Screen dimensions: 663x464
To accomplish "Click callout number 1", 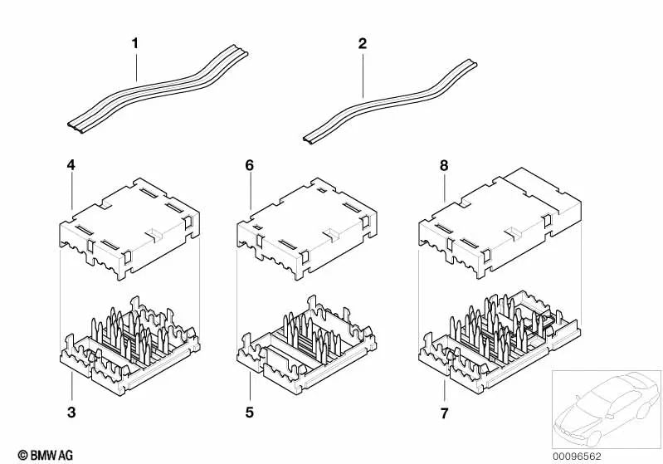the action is click(135, 43).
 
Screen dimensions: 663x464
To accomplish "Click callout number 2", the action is click(363, 43).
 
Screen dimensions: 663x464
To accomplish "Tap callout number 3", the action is click(71, 412).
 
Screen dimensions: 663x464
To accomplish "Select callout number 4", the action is click(71, 165).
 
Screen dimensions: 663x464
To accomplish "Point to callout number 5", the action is click(250, 412).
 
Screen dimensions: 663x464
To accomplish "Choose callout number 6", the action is click(250, 165).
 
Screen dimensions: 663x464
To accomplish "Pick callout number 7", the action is click(444, 413).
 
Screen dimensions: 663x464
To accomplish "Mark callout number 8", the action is click(444, 165).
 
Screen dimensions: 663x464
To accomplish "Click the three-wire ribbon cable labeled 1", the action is click(158, 90).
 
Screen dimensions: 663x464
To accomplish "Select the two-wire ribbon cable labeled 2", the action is click(389, 100).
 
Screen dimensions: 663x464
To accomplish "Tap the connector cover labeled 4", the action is click(129, 228).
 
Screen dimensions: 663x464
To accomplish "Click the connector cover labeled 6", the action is click(307, 228).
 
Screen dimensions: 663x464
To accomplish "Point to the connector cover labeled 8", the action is click(500, 223).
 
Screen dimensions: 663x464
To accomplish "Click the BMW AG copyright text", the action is click(46, 455).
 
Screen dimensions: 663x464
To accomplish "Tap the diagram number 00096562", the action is click(578, 457).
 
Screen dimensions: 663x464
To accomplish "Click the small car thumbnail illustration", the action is click(607, 409).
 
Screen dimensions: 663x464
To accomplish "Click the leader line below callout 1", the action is click(137, 66).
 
